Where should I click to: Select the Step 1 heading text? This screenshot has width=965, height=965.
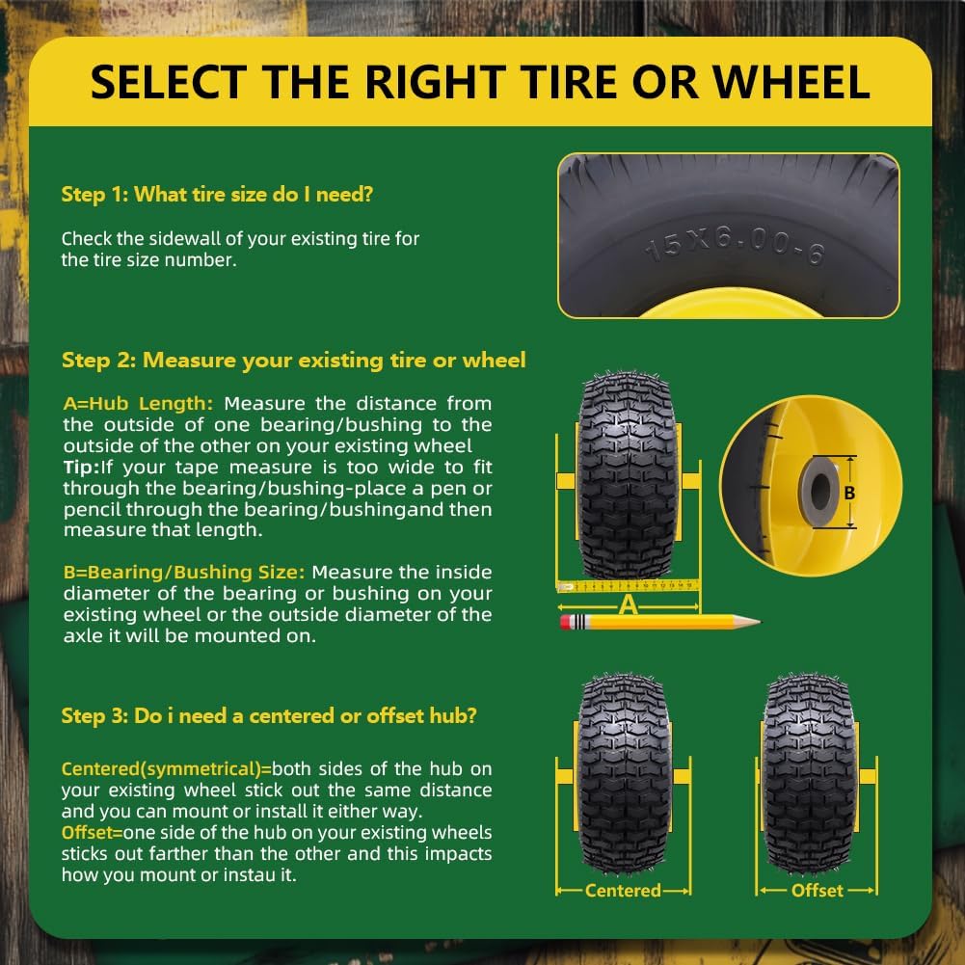click(x=217, y=195)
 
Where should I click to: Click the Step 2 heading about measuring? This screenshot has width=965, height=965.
click(x=294, y=360)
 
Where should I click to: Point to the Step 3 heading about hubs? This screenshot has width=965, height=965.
click(x=269, y=715)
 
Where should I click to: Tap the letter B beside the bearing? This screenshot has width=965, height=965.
click(x=849, y=493)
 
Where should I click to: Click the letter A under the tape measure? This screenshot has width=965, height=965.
click(x=628, y=606)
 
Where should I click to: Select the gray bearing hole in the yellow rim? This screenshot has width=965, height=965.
click(x=819, y=491)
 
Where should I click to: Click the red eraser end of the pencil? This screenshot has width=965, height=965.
click(x=566, y=622)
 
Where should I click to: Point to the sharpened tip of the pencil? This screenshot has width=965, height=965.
click(x=757, y=622)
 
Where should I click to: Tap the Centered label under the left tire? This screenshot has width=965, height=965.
click(x=623, y=891)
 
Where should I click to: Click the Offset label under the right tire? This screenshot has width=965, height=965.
click(x=818, y=891)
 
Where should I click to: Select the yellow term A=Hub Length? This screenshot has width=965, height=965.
click(x=139, y=404)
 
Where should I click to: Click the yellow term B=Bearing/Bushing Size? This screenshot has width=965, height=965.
click(x=184, y=573)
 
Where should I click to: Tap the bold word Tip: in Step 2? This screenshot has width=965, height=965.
click(x=81, y=468)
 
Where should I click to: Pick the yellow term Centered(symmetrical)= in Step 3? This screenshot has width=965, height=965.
click(x=166, y=769)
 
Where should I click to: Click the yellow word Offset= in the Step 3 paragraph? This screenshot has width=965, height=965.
click(x=92, y=833)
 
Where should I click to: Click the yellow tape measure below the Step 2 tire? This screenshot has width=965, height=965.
click(x=628, y=586)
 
